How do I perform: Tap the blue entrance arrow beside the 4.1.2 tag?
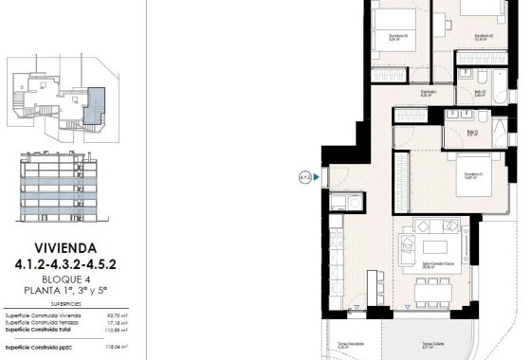(318, 176)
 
